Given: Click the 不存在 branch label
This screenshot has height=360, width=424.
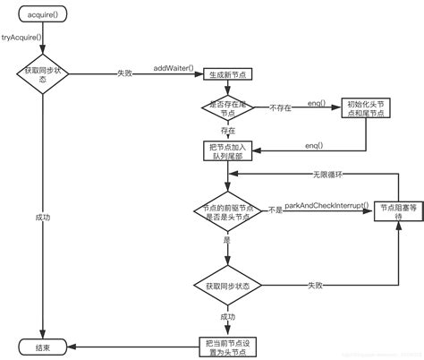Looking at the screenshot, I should [281, 107].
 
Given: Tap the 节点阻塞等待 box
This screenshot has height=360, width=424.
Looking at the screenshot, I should [393, 210].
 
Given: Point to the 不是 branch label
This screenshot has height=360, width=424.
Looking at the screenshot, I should [276, 210].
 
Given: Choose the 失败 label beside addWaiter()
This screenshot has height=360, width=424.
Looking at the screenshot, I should [128, 74].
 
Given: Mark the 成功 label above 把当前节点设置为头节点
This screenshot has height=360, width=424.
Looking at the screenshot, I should [226, 315].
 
